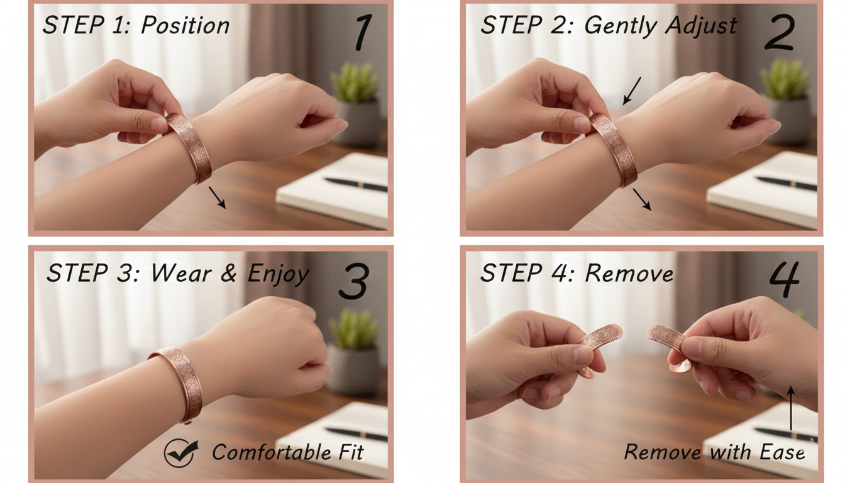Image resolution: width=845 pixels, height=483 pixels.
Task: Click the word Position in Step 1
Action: [x=185, y=26]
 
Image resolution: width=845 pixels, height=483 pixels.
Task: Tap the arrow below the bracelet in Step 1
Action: [x=217, y=198]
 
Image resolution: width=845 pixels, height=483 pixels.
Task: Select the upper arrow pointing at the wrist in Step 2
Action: [x=632, y=91]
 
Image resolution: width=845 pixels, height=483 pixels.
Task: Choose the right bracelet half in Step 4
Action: [x=668, y=343]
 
